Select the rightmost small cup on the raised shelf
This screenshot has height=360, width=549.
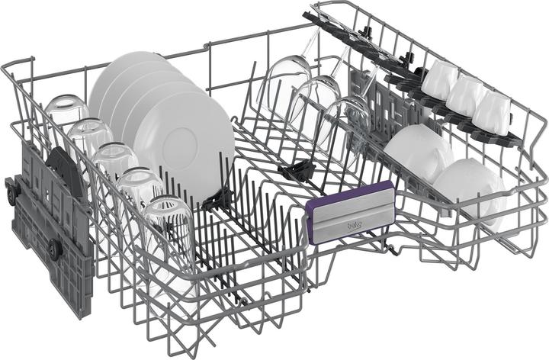(x=493, y=112)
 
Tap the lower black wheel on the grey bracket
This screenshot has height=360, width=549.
(x=53, y=247)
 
